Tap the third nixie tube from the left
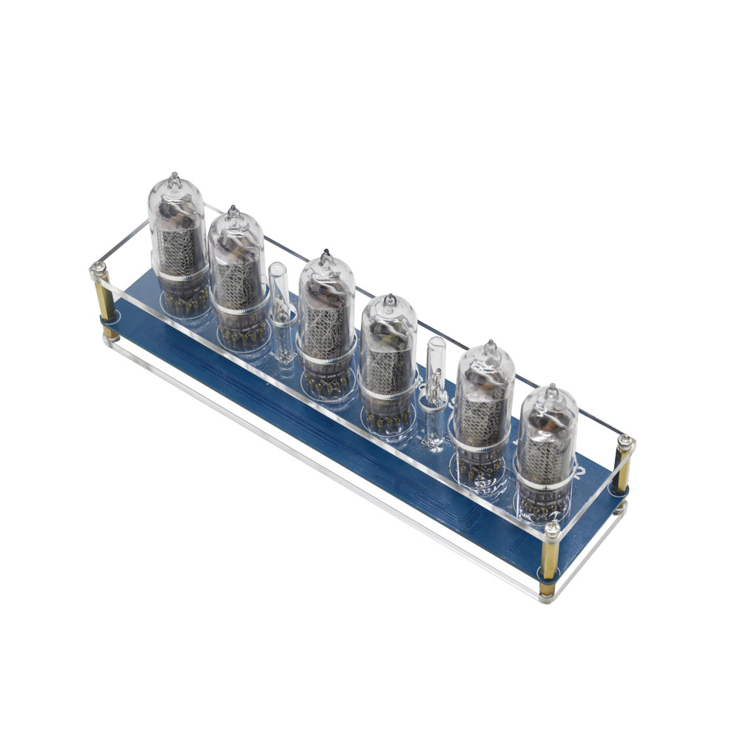[326, 315]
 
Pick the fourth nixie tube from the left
[388, 356]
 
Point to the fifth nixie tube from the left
[483, 404]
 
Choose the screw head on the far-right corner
[626, 442]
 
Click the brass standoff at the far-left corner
[104, 300]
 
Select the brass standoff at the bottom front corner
[549, 559]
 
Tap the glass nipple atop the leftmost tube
[174, 179]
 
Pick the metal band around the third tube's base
[326, 360]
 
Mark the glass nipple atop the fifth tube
[490, 346]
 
